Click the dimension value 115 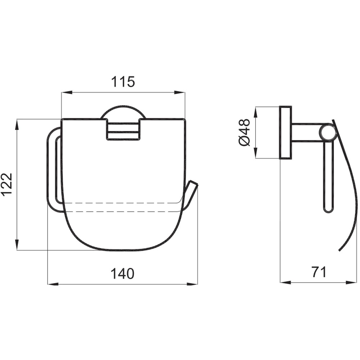pyautogui.click(x=123, y=82)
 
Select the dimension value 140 pyautogui.click(x=122, y=274)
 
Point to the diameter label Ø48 pyautogui.click(x=244, y=132)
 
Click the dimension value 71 pyautogui.click(x=319, y=272)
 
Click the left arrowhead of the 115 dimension pyautogui.click(x=67, y=93)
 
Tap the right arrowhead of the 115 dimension pyautogui.click(x=179, y=93)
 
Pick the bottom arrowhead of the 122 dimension pyautogui.click(x=17, y=244)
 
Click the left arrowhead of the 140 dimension pyautogui.click(x=53, y=284)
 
